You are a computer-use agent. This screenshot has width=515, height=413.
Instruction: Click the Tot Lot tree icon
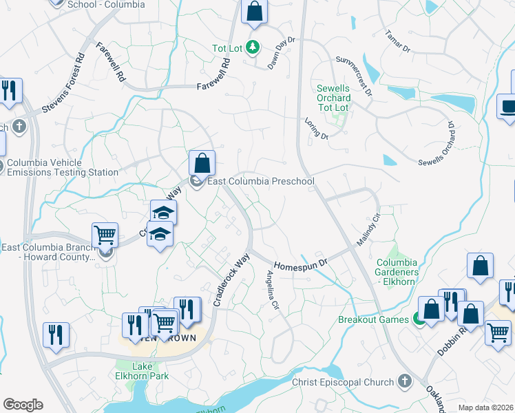pyautogui.click(x=254, y=47)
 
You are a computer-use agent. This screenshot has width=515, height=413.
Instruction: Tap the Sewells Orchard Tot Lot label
pyautogui.click(x=334, y=98)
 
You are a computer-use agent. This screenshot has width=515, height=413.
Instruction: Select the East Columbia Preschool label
pyautogui.click(x=261, y=182)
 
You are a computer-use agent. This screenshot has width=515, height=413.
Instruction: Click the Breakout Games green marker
pyautogui.click(x=417, y=319)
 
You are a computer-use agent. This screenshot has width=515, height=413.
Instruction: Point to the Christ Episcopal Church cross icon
pyautogui.click(x=404, y=381)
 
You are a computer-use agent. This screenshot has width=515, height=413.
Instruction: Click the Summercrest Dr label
pyautogui.click(x=354, y=76)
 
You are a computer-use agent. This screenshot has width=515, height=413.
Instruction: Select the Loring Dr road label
pyautogui.click(x=316, y=128)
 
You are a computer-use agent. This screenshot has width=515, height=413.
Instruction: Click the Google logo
pyautogui.click(x=23, y=405)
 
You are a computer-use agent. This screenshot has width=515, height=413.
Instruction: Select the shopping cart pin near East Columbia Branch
pyautogui.click(x=105, y=235)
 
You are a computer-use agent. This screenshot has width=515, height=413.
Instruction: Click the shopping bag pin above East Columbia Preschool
pyautogui.click(x=202, y=164)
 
